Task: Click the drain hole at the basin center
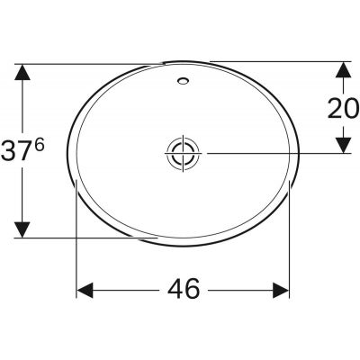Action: point(183,152)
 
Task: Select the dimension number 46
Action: point(183,290)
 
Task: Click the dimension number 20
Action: point(342,108)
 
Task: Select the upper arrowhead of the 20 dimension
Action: point(343,70)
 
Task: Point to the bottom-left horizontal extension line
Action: point(90,238)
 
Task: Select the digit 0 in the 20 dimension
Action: point(351,108)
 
